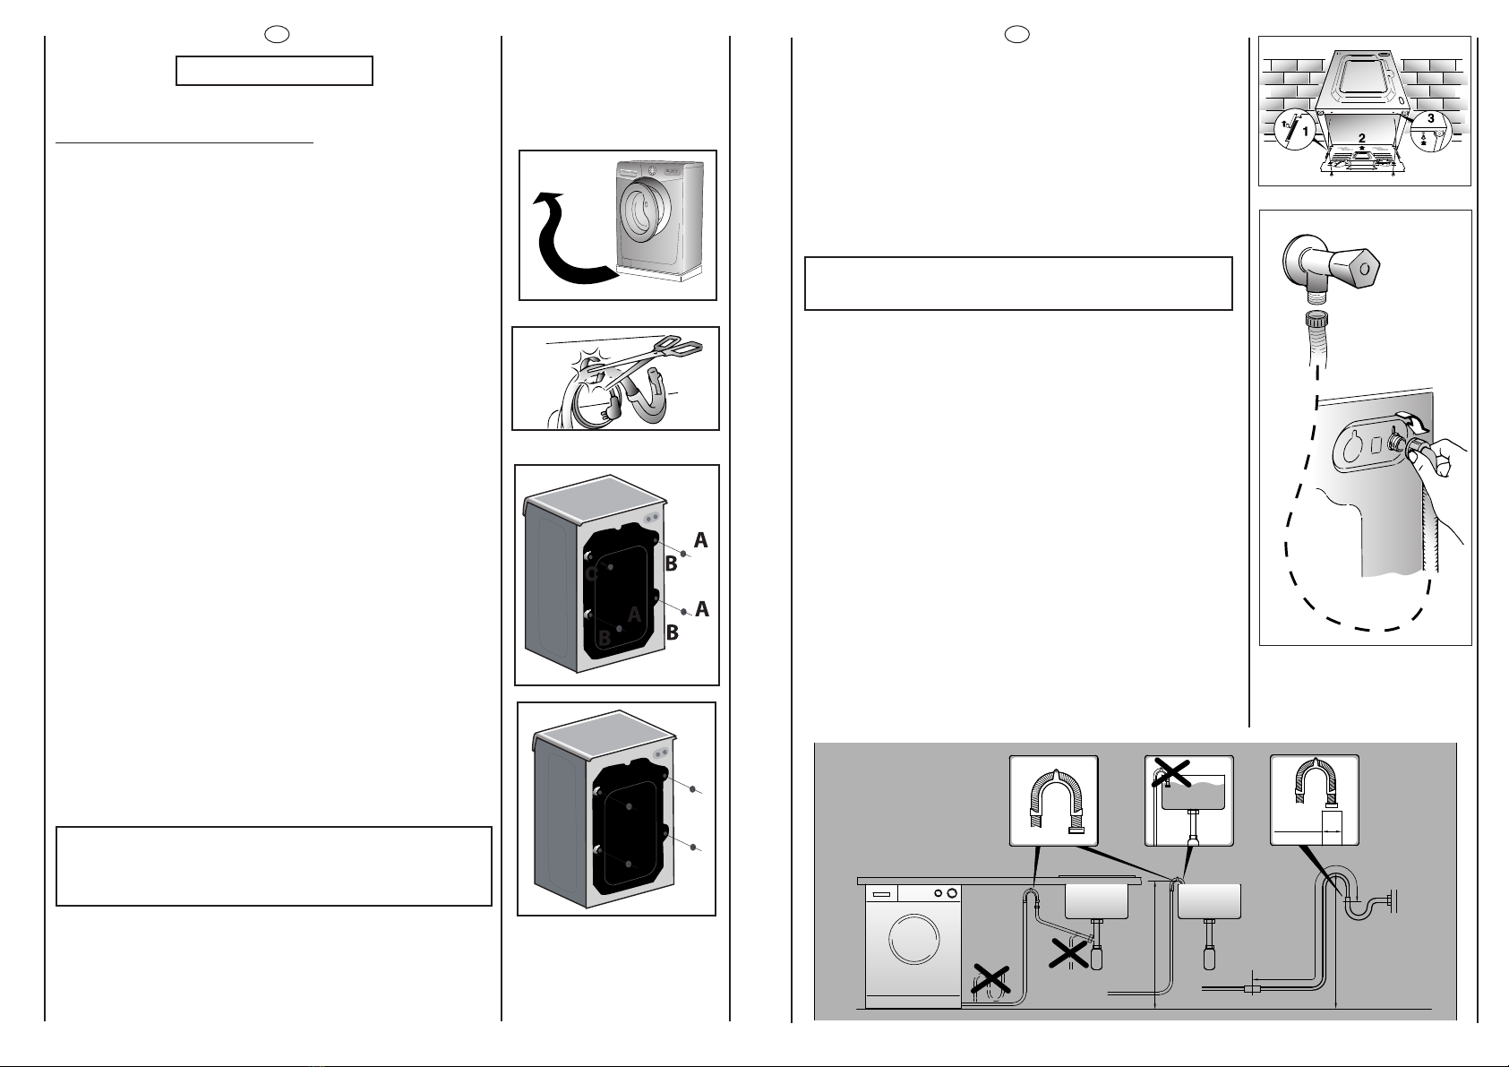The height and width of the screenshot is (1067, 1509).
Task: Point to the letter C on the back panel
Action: (x=592, y=574)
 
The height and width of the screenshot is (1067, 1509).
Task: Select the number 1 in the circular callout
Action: (x=1305, y=131)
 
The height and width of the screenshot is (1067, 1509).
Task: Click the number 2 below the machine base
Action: (x=1361, y=138)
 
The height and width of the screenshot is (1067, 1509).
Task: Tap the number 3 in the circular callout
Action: (x=1431, y=118)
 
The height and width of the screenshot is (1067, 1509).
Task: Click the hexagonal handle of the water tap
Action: (x=1358, y=268)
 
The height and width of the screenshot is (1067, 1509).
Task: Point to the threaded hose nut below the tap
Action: (x=1317, y=320)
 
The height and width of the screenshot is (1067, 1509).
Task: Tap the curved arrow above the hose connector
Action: (x=1412, y=422)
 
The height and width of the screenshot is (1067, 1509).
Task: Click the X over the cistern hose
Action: (x=1171, y=772)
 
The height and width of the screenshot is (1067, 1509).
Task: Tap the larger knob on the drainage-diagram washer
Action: (x=952, y=893)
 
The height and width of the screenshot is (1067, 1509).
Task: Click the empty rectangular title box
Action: (x=274, y=71)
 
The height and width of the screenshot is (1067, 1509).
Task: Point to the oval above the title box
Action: (x=277, y=34)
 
